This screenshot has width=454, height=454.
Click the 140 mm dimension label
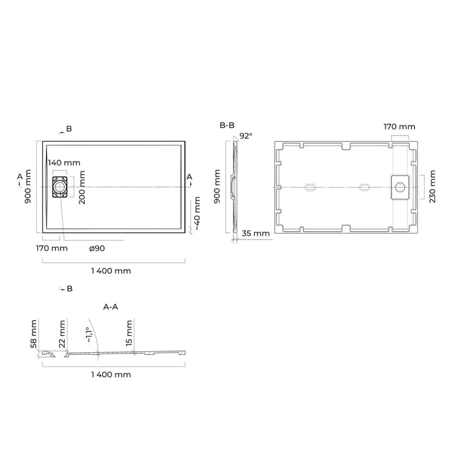click(x=64, y=163)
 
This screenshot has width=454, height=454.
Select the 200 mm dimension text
click(x=82, y=187)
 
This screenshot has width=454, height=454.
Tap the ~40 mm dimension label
click(x=197, y=213)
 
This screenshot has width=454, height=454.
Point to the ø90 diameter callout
click(x=97, y=249)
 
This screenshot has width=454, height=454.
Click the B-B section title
click(x=227, y=125)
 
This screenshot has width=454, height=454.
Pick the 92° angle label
click(x=246, y=136)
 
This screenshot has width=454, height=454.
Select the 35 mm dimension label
click(x=256, y=233)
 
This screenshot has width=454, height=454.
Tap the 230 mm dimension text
click(x=432, y=187)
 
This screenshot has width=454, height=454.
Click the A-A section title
click(x=111, y=307)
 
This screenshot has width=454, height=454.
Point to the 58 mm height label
click(x=33, y=334)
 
